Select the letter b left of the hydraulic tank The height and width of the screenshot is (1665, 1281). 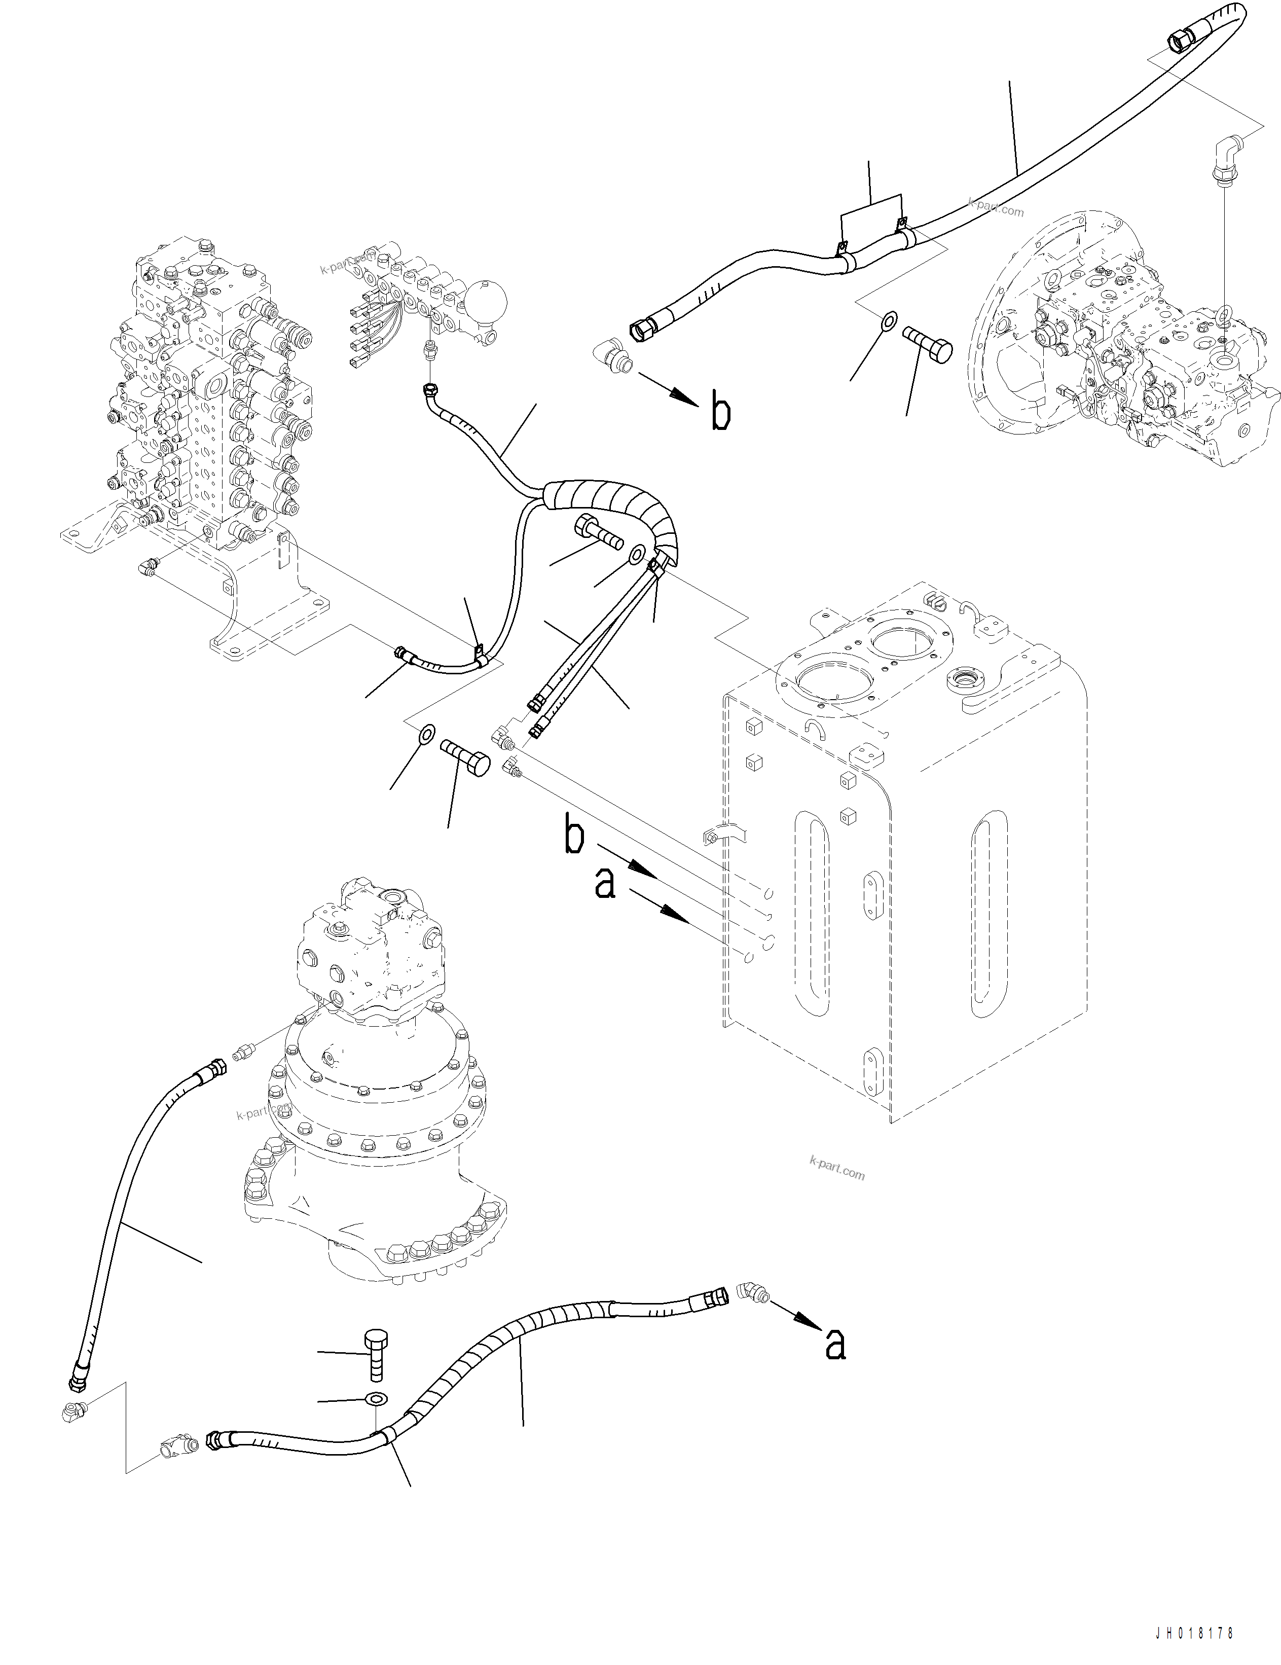574,835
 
